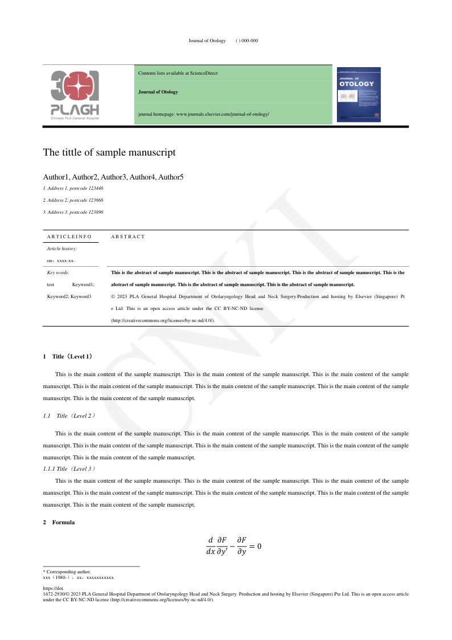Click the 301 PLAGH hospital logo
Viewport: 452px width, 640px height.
tap(75, 95)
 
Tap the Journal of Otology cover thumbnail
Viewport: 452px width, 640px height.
tap(359, 94)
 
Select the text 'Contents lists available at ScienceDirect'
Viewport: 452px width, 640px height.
tap(178, 73)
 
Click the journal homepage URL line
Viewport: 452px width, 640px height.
tap(203, 114)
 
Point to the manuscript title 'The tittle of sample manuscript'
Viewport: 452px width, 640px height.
tap(109, 152)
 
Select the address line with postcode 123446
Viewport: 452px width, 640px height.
tap(73, 188)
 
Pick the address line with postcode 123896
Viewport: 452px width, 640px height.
tap(73, 212)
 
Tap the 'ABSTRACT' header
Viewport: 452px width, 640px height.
tap(128, 237)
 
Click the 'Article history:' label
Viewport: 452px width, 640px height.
tap(62, 248)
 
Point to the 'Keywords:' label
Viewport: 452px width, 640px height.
tap(58, 272)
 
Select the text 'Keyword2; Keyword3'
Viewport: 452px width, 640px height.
tap(69, 296)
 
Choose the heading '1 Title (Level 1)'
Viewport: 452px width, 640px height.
tap(68, 357)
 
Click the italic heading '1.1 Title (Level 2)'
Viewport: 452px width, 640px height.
tap(69, 416)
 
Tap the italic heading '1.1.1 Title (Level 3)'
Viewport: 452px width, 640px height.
tap(69, 468)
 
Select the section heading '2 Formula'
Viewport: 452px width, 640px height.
tap(58, 522)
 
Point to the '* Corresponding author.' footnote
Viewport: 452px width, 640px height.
tap(67, 572)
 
